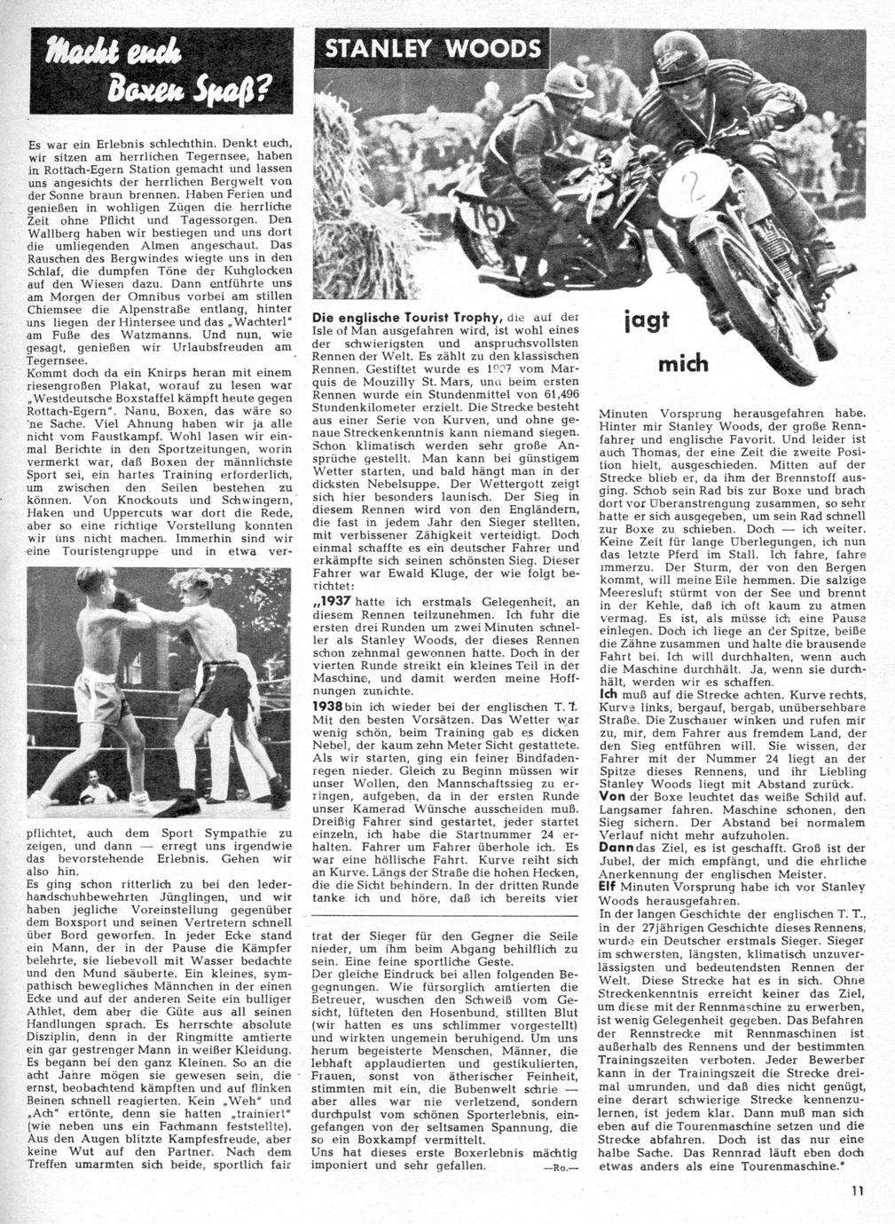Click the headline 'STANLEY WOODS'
coord(434,49)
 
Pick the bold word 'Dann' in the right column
coord(616,849)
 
